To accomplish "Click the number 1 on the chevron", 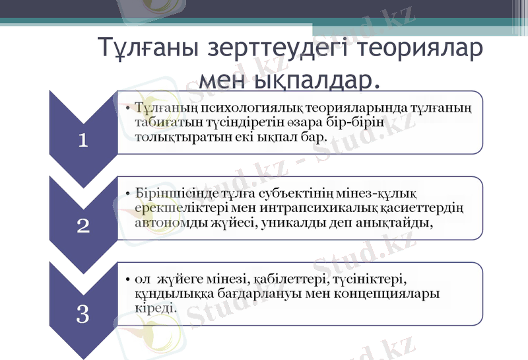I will tap(83, 139).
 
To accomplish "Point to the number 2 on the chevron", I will tap(83, 226).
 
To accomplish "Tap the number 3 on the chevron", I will tap(83, 313).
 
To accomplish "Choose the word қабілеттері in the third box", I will tap(282, 277).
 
